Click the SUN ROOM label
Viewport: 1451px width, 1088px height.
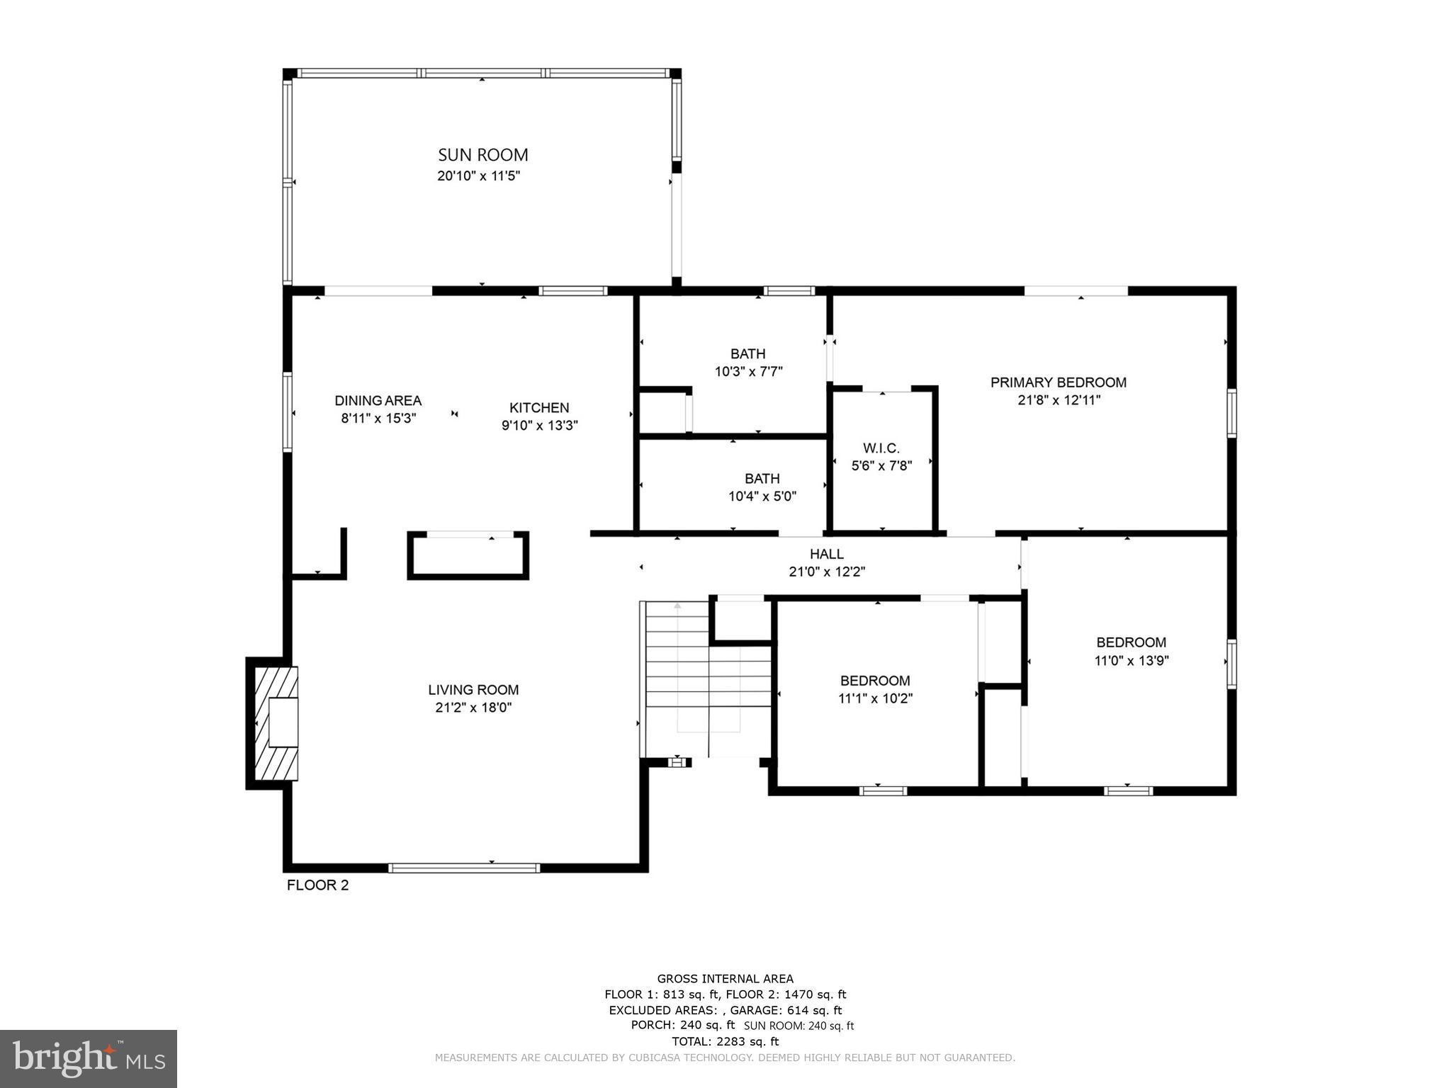tap(482, 155)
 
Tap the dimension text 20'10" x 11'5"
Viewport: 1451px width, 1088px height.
tap(478, 176)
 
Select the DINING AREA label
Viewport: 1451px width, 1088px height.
tap(378, 401)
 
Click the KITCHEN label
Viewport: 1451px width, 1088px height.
tap(539, 408)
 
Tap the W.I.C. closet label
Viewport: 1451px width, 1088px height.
tap(881, 448)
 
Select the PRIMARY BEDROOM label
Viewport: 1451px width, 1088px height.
tap(1058, 382)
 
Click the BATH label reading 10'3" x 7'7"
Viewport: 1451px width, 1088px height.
tap(747, 353)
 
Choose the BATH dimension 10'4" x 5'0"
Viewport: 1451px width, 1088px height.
tap(762, 497)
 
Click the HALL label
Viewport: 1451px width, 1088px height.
tap(827, 554)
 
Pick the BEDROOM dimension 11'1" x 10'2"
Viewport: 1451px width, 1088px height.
tap(875, 698)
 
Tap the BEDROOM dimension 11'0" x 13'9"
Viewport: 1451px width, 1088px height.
tap(1131, 661)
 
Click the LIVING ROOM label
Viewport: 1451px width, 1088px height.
tap(473, 690)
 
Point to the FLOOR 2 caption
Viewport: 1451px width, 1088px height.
tap(317, 885)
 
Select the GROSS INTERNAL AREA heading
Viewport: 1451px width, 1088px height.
tap(725, 979)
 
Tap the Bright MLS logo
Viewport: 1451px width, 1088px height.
tap(89, 1058)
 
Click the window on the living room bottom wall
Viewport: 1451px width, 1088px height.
tap(464, 868)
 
